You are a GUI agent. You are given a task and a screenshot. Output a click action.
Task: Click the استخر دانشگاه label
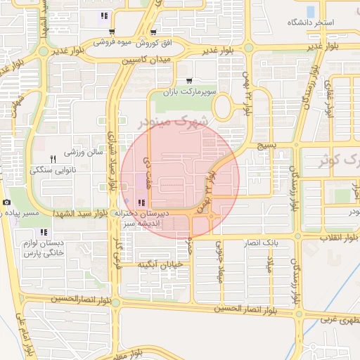(x=310, y=22)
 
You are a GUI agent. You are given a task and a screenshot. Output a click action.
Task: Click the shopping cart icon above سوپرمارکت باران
(x=191, y=81)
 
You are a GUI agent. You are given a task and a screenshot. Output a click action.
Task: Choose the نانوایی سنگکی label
(x=51, y=170)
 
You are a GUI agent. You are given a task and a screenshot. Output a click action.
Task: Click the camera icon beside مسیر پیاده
(x=6, y=202)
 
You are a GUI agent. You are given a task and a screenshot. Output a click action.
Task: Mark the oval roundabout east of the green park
(x=224, y=108)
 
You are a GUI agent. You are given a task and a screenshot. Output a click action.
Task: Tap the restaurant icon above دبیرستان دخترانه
(x=143, y=203)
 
